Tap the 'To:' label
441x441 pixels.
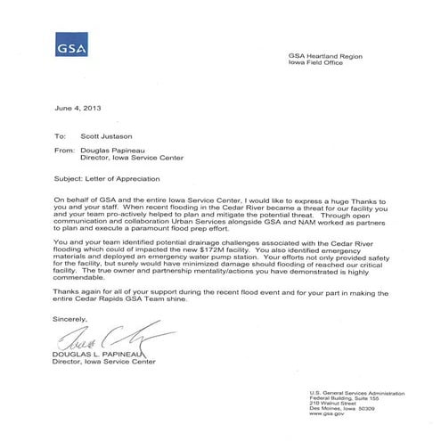click(x=61, y=137)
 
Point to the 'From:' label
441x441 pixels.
click(x=65, y=152)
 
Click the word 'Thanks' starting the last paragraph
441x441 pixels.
click(x=69, y=293)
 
